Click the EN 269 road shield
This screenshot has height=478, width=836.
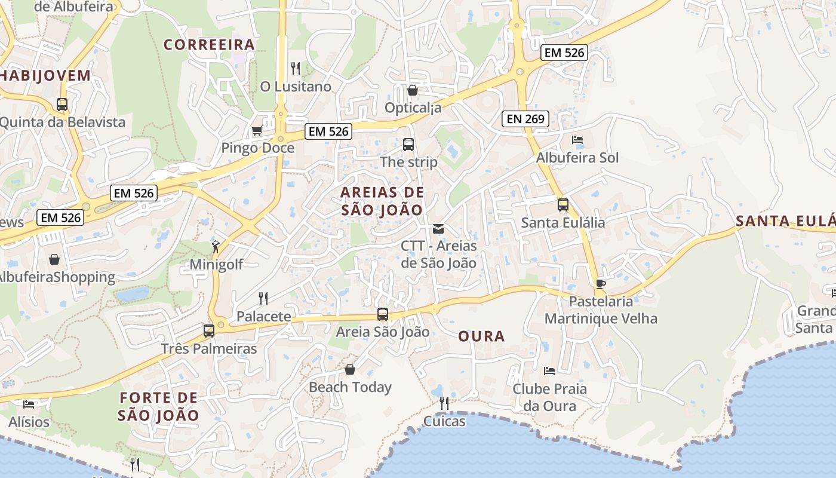tap(525, 119)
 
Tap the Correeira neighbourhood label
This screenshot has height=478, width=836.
tap(209, 45)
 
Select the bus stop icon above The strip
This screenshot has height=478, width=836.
tap(408, 144)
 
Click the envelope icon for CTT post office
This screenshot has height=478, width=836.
tap(438, 228)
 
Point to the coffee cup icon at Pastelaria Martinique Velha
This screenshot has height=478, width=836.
tap(601, 283)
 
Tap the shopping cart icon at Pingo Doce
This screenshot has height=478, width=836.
tap(257, 130)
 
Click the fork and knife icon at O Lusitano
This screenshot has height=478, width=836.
tap(295, 68)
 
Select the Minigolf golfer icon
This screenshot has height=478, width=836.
tap(216, 246)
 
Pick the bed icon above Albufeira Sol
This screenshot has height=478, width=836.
tap(577, 140)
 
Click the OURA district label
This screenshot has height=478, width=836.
tap(481, 336)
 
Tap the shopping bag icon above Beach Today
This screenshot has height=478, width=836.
tap(350, 369)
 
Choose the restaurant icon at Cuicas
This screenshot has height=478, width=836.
tap(444, 403)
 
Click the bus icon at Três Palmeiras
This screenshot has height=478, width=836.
tap(209, 330)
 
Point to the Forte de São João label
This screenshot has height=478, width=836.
tap(158, 406)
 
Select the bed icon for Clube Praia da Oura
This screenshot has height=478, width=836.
tap(549, 371)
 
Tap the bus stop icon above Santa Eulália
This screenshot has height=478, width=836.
tap(563, 205)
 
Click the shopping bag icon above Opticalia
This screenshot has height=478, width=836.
tap(412, 90)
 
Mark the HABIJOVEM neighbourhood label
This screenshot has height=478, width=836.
tap(45, 76)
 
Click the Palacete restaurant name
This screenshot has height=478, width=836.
tap(263, 317)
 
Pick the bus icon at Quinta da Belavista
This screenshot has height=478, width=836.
tap(62, 105)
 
